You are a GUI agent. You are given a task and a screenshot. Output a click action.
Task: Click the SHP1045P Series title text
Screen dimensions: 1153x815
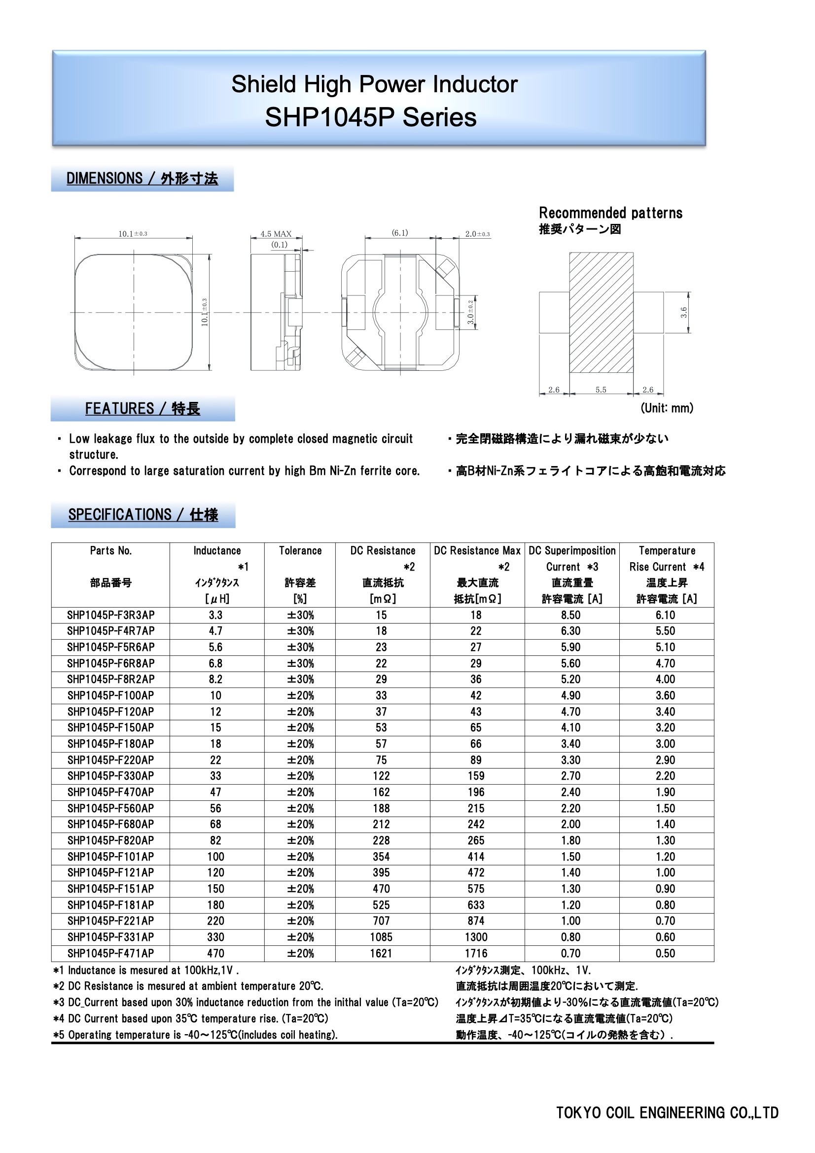point(371,117)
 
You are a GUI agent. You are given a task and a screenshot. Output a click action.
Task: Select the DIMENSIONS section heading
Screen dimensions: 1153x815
point(142,179)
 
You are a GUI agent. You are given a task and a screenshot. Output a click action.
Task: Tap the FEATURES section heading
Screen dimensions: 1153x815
point(142,409)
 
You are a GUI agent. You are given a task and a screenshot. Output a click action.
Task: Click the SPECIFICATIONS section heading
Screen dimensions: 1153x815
point(143,515)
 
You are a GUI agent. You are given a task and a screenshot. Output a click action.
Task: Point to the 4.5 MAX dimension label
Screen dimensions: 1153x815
point(276,234)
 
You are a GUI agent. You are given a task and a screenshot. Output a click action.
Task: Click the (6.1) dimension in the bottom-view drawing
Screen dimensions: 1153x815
point(400,232)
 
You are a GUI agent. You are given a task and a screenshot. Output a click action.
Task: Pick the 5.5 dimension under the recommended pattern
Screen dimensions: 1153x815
point(601,390)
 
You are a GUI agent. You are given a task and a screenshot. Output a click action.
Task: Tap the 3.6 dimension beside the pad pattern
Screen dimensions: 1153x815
point(683,312)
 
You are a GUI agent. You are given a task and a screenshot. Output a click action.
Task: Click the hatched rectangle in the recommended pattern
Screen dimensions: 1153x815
point(601,312)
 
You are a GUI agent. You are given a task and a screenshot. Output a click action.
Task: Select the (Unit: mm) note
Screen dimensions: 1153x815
point(667,408)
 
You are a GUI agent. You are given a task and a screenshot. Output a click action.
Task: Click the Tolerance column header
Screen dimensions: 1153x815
point(300,551)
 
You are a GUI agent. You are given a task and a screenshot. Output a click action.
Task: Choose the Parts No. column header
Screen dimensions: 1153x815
point(111,551)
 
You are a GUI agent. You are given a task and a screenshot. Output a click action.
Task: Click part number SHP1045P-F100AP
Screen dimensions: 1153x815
point(111,695)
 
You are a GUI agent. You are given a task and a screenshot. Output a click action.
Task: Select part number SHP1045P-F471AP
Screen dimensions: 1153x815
point(111,953)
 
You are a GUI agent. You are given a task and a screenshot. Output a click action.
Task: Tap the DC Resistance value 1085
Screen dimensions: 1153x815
point(381,937)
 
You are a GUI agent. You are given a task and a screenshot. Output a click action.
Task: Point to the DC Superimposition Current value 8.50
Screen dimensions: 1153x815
point(571,615)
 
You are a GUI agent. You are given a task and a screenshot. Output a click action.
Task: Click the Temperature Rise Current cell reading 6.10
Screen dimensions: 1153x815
point(665,615)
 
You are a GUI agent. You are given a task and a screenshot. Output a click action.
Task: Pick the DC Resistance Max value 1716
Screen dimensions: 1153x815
point(476,953)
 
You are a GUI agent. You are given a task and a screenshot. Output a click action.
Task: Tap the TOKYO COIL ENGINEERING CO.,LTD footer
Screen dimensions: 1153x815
point(668,1113)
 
